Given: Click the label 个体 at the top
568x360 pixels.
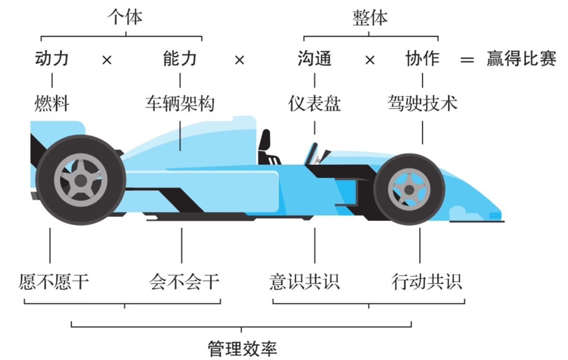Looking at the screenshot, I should point(125,18).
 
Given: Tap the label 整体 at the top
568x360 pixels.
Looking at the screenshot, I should point(370,18).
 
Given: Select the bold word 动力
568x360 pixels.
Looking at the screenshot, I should point(52,59).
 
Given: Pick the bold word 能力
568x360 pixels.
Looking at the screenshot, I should point(180,59).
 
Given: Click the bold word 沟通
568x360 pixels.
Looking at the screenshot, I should point(314,59).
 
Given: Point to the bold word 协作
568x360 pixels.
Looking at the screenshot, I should point(422,59).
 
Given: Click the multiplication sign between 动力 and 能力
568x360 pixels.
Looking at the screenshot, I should point(107,60).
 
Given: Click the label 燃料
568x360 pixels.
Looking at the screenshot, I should point(52,103).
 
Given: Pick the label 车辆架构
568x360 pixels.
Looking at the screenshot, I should point(180,103).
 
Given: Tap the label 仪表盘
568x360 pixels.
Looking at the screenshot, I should point(314,103).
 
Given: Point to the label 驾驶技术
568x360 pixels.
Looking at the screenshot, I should point(422,103).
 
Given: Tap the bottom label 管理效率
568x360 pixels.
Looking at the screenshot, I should point(242,349).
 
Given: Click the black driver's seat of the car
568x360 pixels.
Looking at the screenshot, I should point(266,147).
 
